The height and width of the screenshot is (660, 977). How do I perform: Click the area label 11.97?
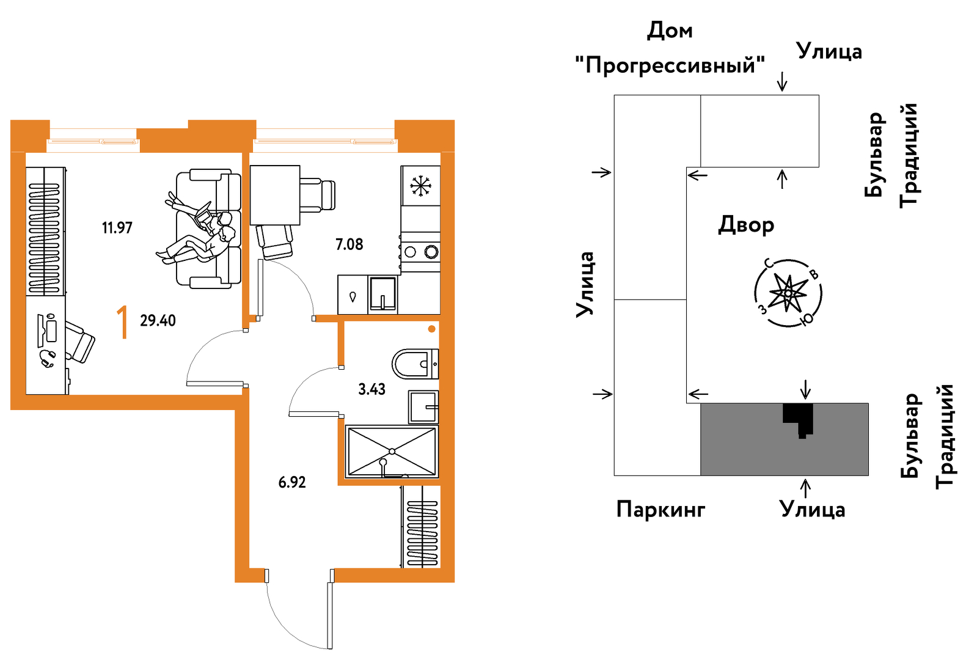(117, 228)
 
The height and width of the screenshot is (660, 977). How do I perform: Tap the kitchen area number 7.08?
(349, 244)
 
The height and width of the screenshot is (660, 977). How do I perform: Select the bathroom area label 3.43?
(371, 389)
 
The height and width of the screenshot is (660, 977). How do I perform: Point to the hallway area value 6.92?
(291, 482)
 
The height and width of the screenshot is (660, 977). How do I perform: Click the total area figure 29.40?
(158, 320)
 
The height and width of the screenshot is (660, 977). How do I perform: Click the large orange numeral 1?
(123, 323)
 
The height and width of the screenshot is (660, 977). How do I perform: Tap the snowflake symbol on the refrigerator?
(420, 186)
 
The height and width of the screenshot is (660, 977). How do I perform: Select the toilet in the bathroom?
(414, 364)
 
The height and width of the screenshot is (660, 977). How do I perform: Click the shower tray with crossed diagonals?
(392, 452)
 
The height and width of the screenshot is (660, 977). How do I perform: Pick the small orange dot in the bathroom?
(431, 329)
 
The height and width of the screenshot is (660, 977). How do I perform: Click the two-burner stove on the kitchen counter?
(421, 251)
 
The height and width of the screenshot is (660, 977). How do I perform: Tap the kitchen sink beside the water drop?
(383, 295)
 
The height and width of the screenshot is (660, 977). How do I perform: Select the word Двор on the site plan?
(745, 225)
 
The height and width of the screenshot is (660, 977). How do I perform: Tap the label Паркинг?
(660, 508)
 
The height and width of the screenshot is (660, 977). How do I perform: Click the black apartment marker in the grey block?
(798, 417)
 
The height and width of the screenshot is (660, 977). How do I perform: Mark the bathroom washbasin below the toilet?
(423, 407)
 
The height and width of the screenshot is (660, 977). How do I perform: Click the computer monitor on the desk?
(51, 331)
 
